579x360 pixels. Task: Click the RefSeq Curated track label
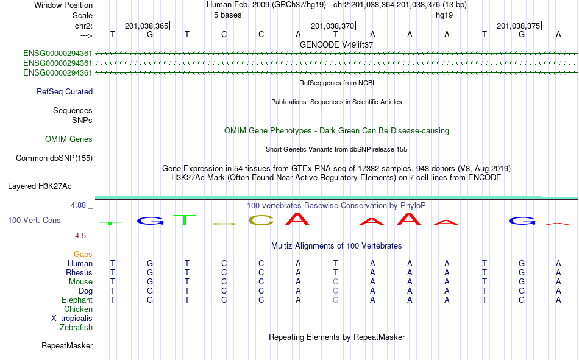[65, 91]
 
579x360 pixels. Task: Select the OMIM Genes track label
[69, 139]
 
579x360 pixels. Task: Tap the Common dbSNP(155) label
[54, 158]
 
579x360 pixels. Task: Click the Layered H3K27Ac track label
[40, 186]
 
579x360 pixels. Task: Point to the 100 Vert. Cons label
[34, 220]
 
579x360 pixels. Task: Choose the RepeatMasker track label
[67, 345]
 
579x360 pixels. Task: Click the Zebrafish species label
[76, 328]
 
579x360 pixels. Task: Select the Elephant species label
[77, 300]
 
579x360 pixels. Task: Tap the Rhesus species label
[79, 272]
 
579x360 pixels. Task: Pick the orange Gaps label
[83, 255]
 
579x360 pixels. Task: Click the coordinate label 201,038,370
[332, 26]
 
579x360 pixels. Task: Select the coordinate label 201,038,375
[519, 26]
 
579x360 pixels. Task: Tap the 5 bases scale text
[227, 15]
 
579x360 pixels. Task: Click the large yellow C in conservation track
[261, 221]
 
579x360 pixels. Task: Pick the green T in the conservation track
[184, 220]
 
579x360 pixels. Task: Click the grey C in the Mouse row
[335, 281]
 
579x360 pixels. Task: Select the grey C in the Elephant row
[335, 300]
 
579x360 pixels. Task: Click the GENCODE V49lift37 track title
[336, 44]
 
